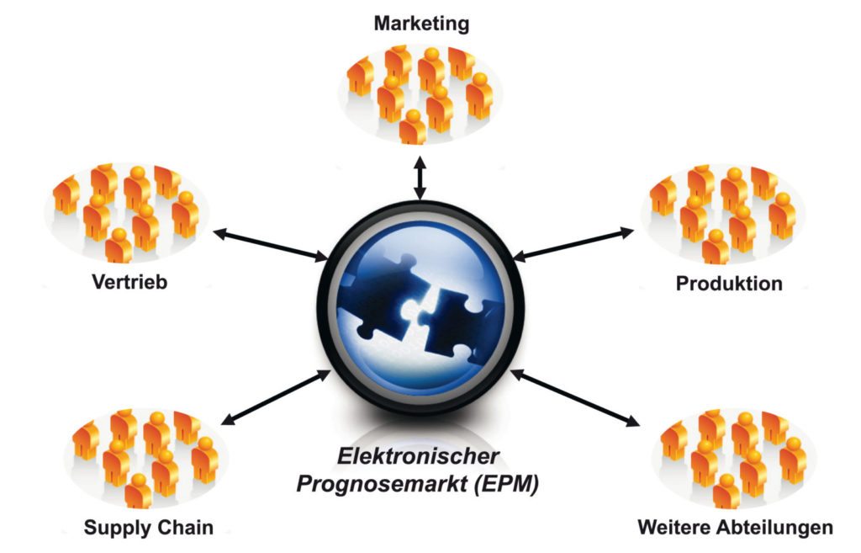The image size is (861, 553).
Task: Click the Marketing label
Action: tap(421, 23)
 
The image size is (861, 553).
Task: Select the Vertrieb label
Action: tap(129, 281)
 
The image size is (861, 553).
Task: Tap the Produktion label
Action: tap(729, 283)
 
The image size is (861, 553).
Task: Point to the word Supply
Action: tap(118, 529)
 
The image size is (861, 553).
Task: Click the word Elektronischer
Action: tap(418, 457)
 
